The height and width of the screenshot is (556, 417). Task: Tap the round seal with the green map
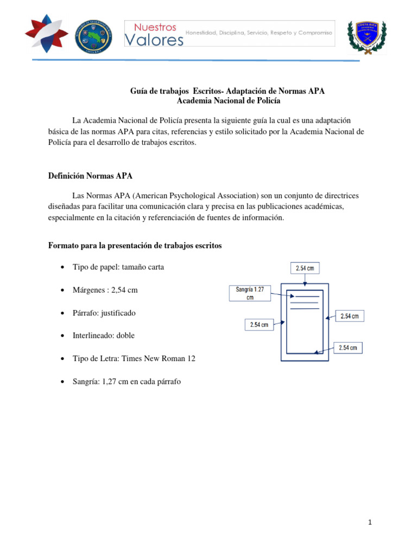tap(93, 36)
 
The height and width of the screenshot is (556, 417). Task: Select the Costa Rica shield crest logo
tap(370, 37)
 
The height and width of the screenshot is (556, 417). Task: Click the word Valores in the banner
tap(154, 40)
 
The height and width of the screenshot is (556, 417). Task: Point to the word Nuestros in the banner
tap(155, 27)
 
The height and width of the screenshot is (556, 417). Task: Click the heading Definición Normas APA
tap(90, 176)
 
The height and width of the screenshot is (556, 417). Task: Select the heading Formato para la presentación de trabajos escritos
tap(135, 245)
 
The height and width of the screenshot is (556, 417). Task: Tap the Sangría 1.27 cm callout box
tap(249, 293)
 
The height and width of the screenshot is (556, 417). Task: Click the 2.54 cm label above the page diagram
tap(305, 268)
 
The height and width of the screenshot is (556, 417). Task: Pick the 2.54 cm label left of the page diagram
tap(258, 325)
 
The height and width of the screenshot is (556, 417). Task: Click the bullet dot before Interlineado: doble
tap(64, 336)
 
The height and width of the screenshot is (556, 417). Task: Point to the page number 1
tap(369, 522)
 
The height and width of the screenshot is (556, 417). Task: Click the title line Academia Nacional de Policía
tap(228, 100)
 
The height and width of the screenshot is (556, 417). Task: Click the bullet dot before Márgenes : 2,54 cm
tap(64, 290)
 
